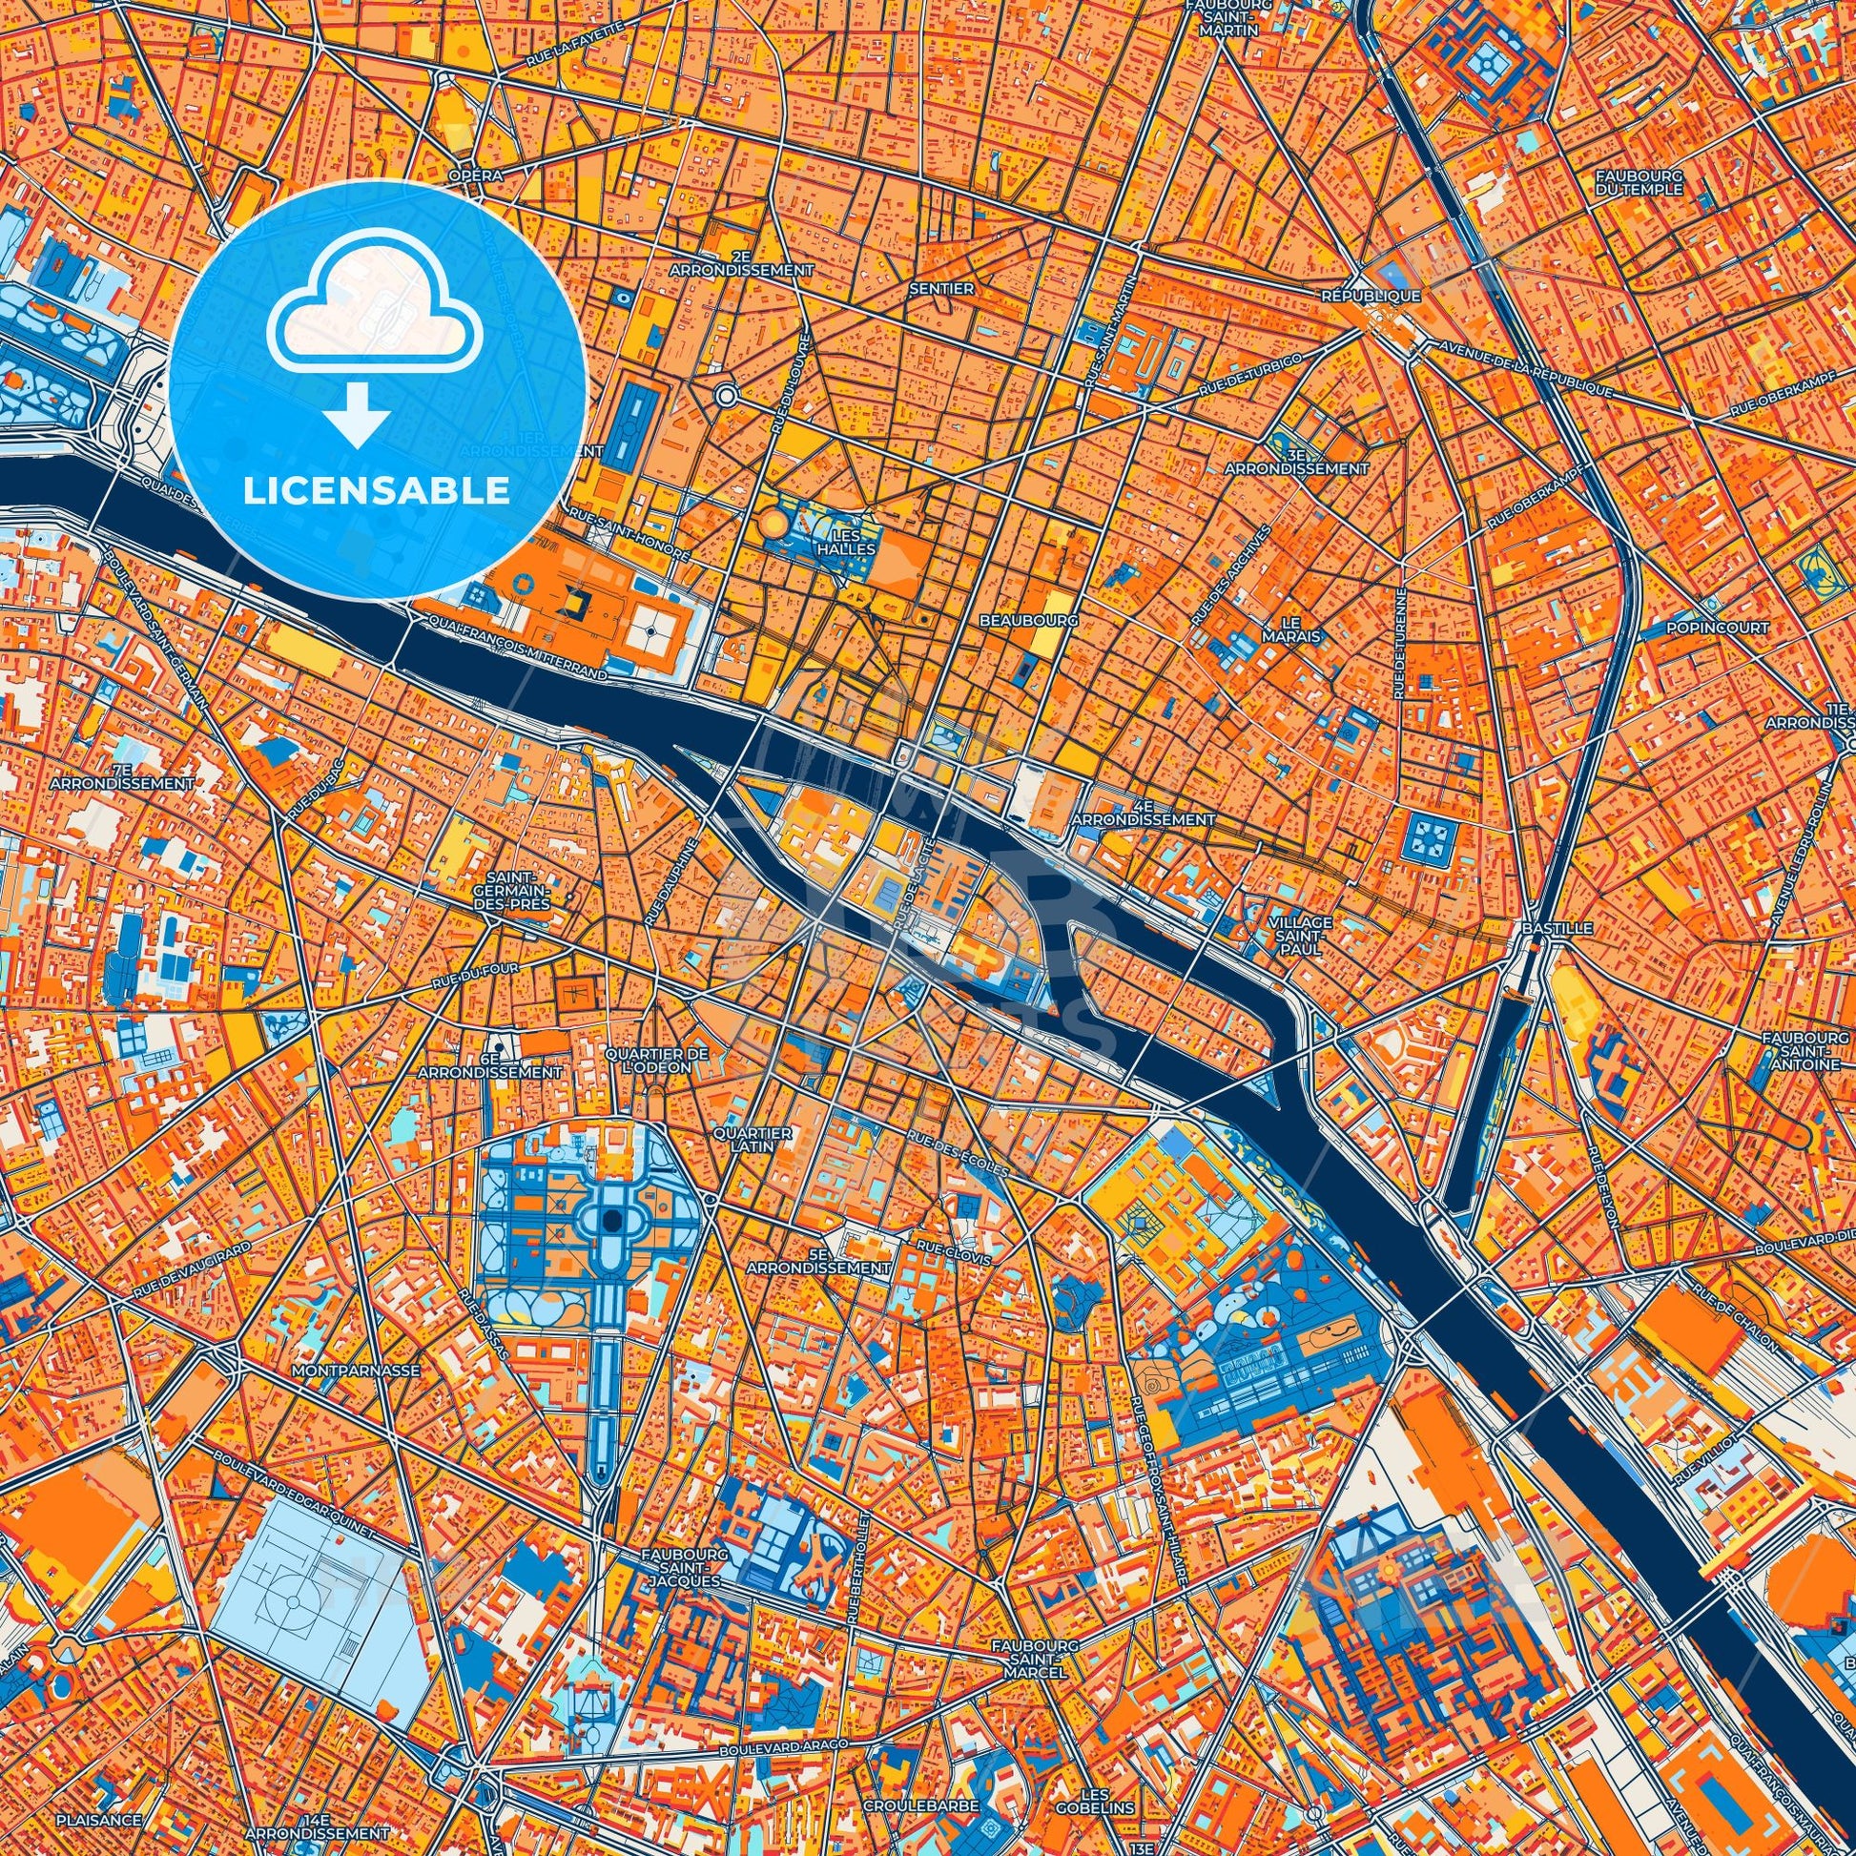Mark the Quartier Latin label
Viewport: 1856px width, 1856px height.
click(753, 1140)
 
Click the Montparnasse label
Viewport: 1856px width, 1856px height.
click(359, 1371)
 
